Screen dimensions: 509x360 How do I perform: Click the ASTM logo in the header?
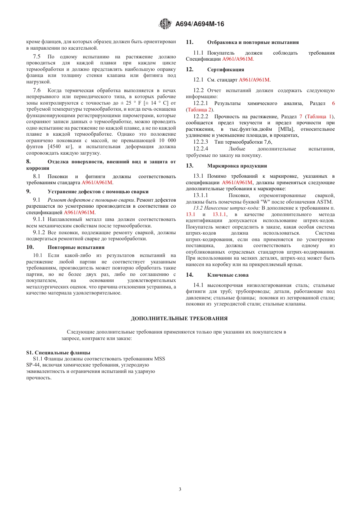(x=165, y=24)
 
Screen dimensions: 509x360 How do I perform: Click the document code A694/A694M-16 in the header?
(x=200, y=24)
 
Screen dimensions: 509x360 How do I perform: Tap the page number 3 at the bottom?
(x=180, y=489)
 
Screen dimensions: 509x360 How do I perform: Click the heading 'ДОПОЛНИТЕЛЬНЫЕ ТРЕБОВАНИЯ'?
(x=179, y=318)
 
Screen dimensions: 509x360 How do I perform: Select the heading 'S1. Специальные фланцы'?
(x=58, y=352)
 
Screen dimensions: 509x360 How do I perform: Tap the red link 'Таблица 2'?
(x=200, y=110)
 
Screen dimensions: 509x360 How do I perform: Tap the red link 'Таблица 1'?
(x=319, y=117)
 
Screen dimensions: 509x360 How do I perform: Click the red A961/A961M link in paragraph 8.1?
(x=97, y=183)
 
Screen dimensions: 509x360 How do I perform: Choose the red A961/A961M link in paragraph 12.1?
(x=254, y=80)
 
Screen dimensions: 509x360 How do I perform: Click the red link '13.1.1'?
(x=219, y=215)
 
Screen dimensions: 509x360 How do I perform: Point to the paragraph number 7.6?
(x=37, y=91)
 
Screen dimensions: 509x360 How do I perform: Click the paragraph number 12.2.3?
(x=200, y=142)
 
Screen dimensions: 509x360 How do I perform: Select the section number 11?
(x=189, y=42)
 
